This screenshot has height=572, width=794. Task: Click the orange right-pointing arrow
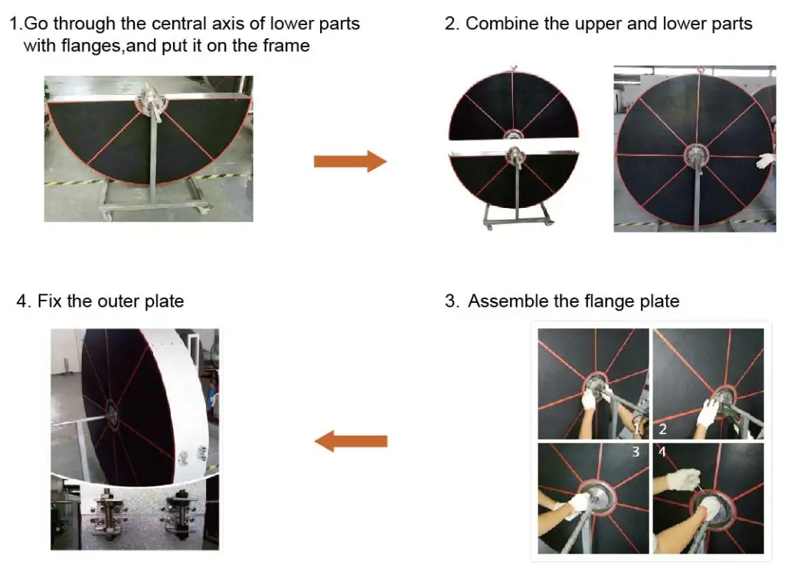pyautogui.click(x=349, y=161)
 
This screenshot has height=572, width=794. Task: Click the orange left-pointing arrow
pyautogui.click(x=351, y=441)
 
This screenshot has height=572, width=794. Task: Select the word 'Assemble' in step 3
pyautogui.click(x=505, y=301)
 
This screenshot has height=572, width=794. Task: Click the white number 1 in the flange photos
pyautogui.click(x=638, y=428)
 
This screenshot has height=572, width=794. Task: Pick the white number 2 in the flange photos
pyautogui.click(x=663, y=430)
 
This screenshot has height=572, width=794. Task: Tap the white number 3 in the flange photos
pyautogui.click(x=636, y=453)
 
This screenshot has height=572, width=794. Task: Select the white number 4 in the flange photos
pyautogui.click(x=662, y=453)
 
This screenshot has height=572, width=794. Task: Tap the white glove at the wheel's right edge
pyautogui.click(x=766, y=160)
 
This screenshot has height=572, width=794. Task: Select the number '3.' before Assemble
pyautogui.click(x=453, y=301)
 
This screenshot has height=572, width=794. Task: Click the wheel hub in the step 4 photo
pyautogui.click(x=112, y=414)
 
